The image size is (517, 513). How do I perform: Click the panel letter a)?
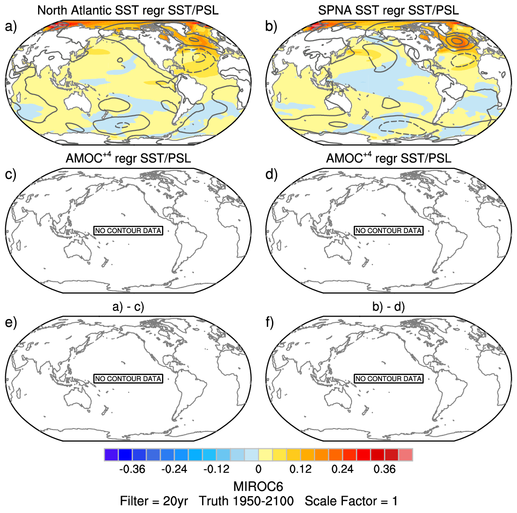(11, 27)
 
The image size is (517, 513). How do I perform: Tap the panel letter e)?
(11, 322)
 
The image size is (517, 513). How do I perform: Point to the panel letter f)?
(272, 322)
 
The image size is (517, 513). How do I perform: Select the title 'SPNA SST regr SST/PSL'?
(389, 10)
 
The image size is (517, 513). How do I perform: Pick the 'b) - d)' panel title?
(389, 306)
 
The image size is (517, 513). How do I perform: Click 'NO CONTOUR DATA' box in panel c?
(128, 231)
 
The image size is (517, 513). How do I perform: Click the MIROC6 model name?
(258, 485)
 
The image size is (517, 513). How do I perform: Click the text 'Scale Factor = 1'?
(351, 501)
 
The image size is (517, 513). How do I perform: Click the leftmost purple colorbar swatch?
(111, 455)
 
